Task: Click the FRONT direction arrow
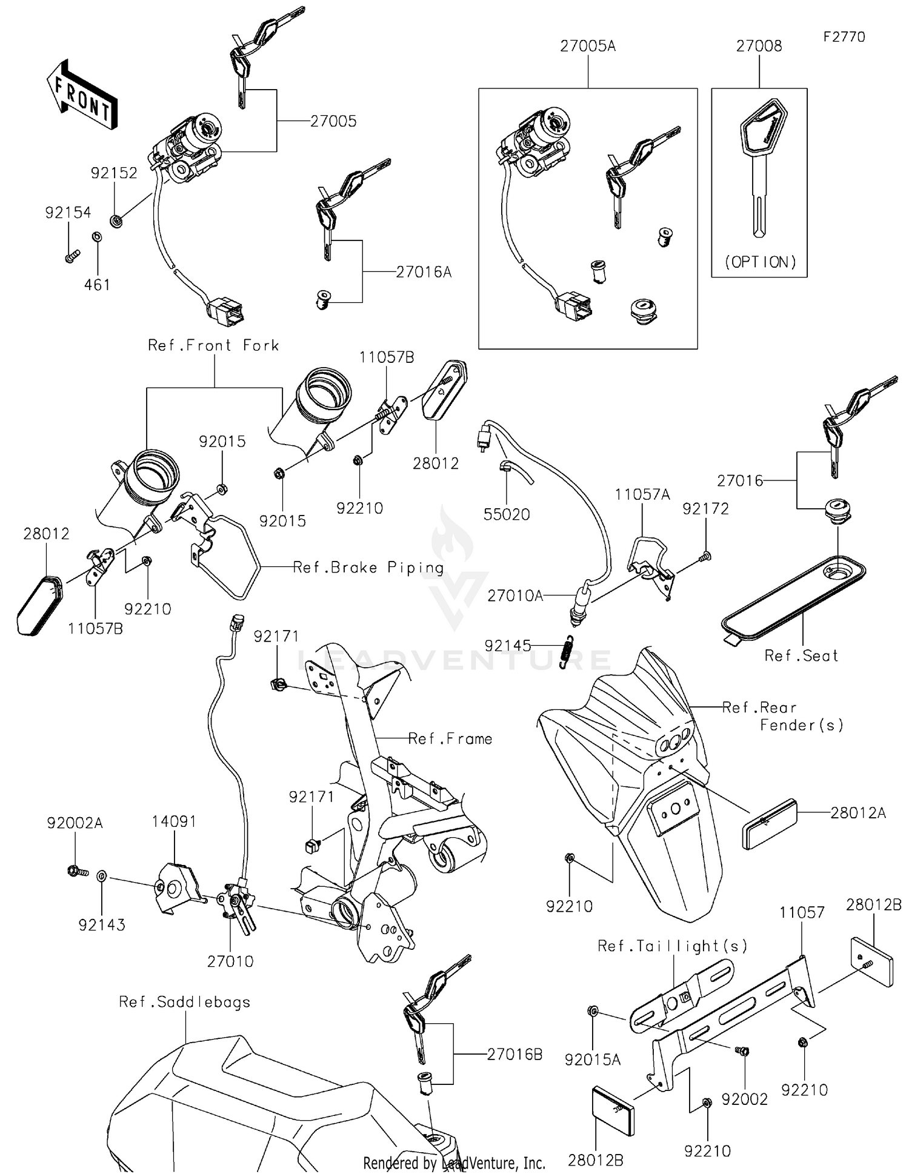pyautogui.click(x=82, y=96)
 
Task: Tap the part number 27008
pyautogui.click(x=759, y=46)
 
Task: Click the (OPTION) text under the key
pyautogui.click(x=760, y=262)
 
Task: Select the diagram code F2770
pyautogui.click(x=844, y=37)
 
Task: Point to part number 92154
pyautogui.click(x=68, y=213)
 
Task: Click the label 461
pyautogui.click(x=97, y=285)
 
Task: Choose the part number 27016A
pyautogui.click(x=424, y=272)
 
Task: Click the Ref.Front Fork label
pyautogui.click(x=213, y=345)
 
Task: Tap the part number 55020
pyautogui.click(x=507, y=514)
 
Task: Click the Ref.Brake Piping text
pyautogui.click(x=368, y=568)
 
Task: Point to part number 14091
pyautogui.click(x=174, y=821)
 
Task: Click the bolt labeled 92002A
pyautogui.click(x=76, y=872)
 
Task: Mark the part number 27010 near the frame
pyautogui.click(x=230, y=961)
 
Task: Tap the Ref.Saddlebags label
pyautogui.click(x=184, y=1002)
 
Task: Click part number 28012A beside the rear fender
pyautogui.click(x=857, y=812)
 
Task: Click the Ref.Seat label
pyautogui.click(x=801, y=655)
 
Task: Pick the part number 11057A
pyautogui.click(x=642, y=495)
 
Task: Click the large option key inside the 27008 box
pyautogui.click(x=762, y=164)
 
